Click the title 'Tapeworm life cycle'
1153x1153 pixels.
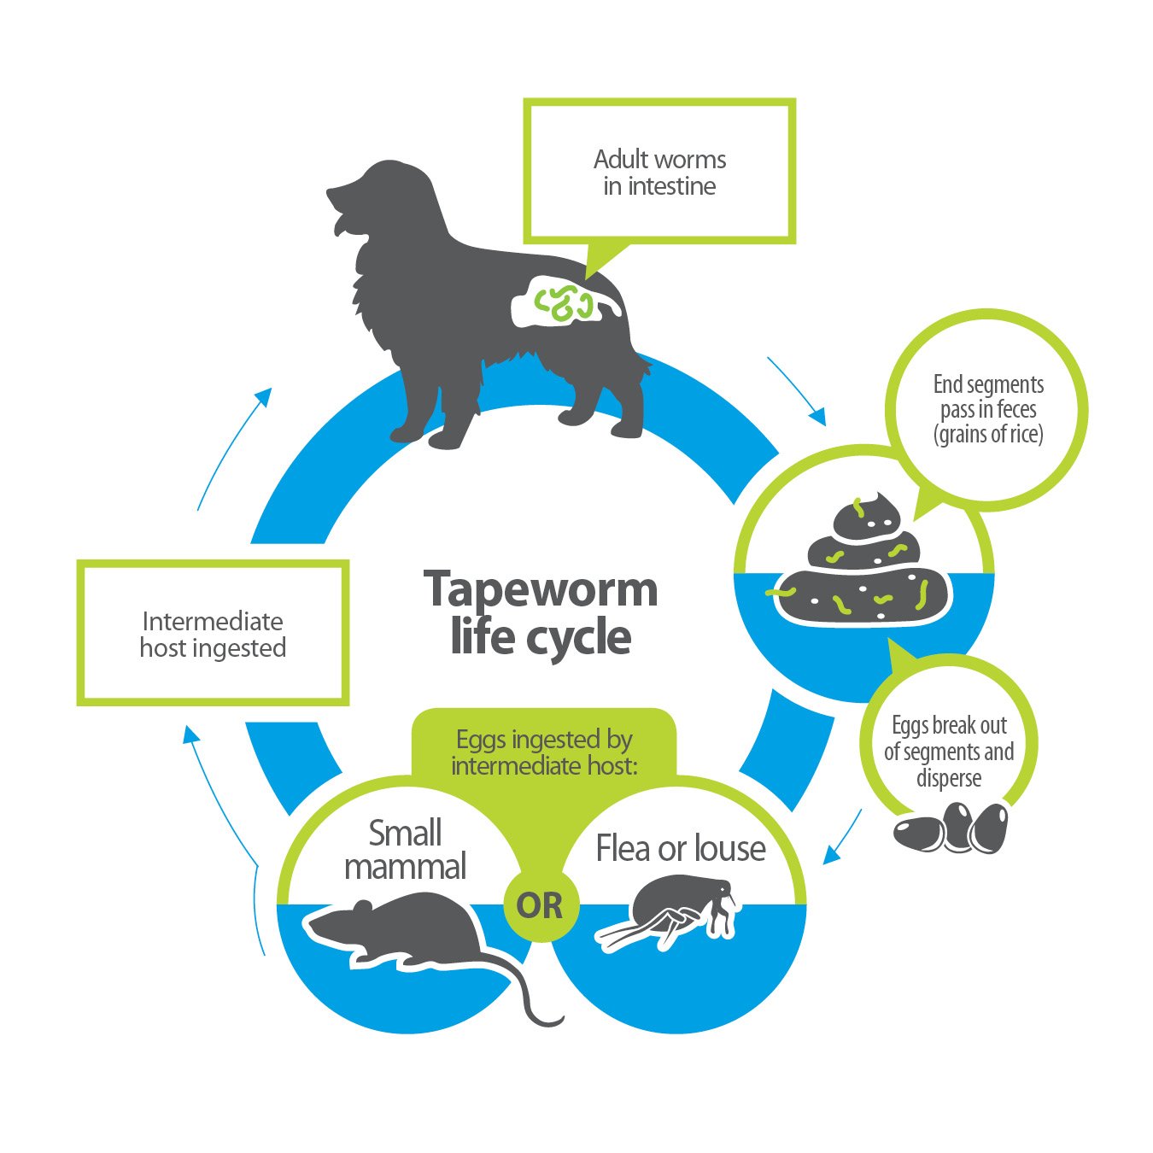click(x=541, y=612)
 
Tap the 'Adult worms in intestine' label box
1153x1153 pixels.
click(x=659, y=172)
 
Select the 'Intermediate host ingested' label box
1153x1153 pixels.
click(x=213, y=634)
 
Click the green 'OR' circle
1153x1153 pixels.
click(x=540, y=905)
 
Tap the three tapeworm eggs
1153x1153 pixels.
click(x=951, y=828)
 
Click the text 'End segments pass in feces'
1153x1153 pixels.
click(x=988, y=409)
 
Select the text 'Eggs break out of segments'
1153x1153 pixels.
click(x=949, y=752)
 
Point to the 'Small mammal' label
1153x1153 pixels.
click(x=406, y=849)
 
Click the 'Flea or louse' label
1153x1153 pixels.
click(x=681, y=849)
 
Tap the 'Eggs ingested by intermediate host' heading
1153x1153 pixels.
click(x=544, y=752)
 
